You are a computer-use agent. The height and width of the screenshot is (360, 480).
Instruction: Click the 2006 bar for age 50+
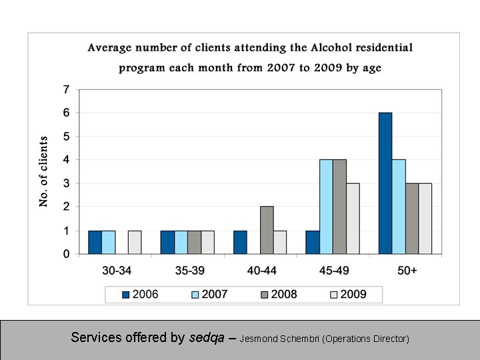pos(385,183)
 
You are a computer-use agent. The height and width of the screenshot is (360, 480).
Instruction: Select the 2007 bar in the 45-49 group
pos(326,207)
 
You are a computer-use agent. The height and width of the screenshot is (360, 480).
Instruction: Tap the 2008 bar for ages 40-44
pos(267,230)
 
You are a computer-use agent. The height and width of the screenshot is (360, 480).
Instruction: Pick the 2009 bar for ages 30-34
pos(134,242)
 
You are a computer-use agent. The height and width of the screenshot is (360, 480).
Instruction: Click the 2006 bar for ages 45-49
pos(313,242)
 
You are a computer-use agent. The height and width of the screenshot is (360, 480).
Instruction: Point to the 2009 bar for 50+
pos(425,219)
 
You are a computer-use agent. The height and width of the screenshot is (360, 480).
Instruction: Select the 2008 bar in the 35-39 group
pos(194,242)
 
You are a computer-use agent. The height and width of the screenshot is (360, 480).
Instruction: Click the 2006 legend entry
pos(140,294)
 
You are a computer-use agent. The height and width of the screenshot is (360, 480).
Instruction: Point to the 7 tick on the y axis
pos(66,89)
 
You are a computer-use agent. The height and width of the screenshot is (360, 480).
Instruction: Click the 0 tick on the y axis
pos(66,254)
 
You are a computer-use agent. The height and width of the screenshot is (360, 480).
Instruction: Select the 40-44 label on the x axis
pos(260,271)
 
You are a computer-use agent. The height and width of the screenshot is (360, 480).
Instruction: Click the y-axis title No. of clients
pos(44,171)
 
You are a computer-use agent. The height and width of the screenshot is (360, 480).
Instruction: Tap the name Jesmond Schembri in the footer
pos(279,339)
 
